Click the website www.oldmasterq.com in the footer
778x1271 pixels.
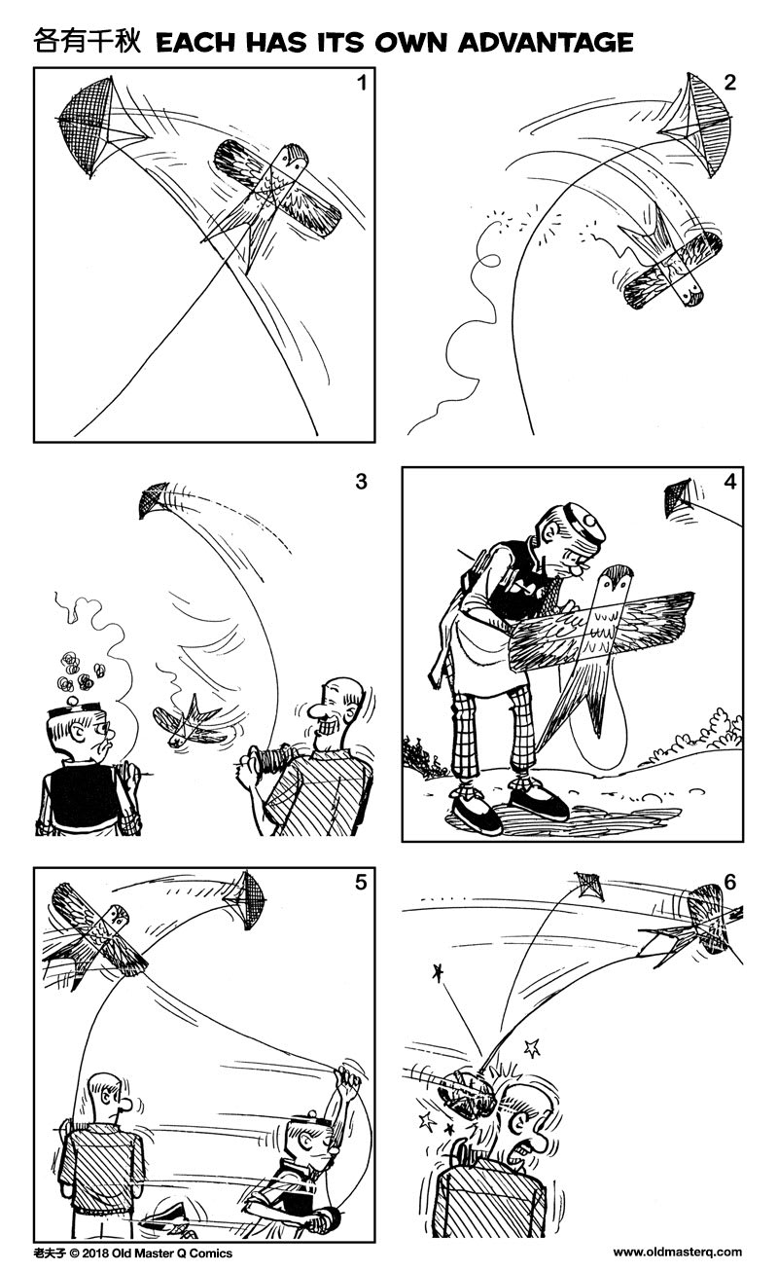677,1253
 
